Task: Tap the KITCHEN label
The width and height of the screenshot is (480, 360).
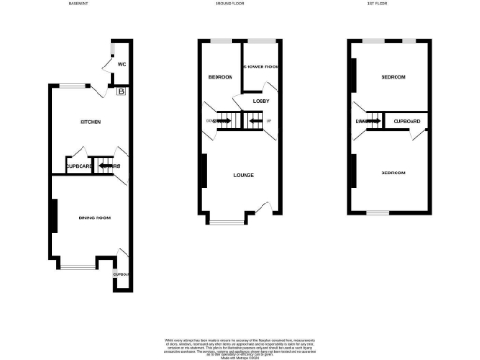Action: click(90, 122)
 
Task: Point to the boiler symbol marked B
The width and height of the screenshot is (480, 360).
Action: click(121, 91)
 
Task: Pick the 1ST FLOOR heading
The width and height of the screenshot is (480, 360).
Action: click(380, 5)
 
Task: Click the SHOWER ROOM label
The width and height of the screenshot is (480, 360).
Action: click(262, 67)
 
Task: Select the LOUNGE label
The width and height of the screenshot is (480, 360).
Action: click(244, 175)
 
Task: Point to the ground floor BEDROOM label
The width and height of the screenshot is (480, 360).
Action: click(220, 77)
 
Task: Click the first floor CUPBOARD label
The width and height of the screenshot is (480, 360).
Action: click(407, 122)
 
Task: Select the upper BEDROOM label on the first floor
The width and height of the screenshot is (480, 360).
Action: click(393, 77)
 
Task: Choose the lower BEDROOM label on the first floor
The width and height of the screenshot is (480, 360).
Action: click(393, 172)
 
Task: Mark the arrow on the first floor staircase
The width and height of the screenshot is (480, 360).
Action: click(371, 121)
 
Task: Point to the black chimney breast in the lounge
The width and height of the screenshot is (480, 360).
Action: click(202, 171)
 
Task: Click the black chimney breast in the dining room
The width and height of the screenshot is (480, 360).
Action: click(53, 216)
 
